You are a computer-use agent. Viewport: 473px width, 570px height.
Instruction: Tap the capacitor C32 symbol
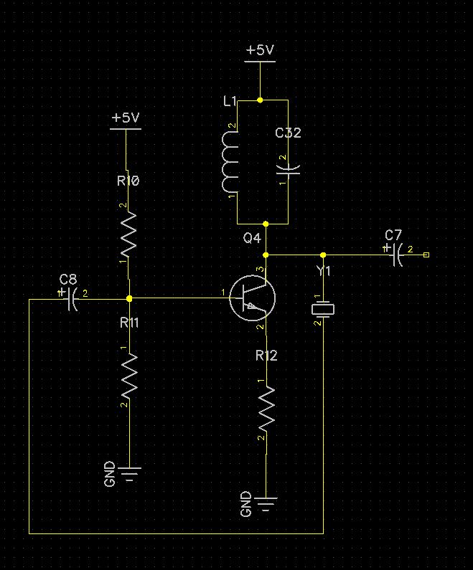pos(289,169)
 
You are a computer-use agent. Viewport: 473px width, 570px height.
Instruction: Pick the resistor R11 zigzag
pos(128,377)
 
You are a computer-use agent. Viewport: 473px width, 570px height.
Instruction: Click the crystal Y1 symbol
pos(323,309)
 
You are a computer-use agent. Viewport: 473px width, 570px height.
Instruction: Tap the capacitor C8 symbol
pos(72,299)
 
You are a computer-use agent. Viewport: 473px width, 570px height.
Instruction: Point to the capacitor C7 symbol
pos(396,255)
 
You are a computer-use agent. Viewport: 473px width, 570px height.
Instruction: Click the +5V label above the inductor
pos(260,51)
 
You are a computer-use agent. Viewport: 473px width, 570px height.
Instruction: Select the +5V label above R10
pos(126,118)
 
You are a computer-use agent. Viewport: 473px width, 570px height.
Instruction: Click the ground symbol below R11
pos(129,473)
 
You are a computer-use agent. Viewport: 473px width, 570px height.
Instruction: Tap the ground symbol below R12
pos(266,503)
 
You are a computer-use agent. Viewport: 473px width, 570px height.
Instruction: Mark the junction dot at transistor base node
pos(129,298)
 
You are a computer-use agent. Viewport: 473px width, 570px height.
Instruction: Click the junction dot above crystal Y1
pos(323,255)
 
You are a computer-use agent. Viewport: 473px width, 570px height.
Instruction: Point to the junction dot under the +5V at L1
pos(260,100)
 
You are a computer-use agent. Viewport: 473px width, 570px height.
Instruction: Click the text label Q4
pos(252,238)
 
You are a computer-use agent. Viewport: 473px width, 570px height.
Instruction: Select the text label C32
pos(288,133)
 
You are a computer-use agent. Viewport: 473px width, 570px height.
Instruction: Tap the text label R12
pos(266,356)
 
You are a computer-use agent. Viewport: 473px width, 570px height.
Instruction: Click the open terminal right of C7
pos(427,255)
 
